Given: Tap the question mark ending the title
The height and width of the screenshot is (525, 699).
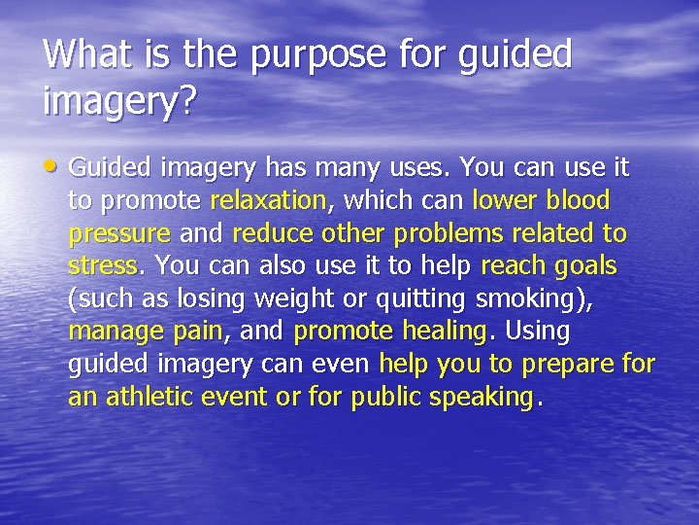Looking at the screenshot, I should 182,102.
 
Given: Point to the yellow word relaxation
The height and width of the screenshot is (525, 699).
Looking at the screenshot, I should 268,201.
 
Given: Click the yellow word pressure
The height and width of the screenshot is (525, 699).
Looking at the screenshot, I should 119,234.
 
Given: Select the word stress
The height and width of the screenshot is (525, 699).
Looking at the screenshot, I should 103,265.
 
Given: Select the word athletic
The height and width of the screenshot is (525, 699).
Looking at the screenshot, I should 154,397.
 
